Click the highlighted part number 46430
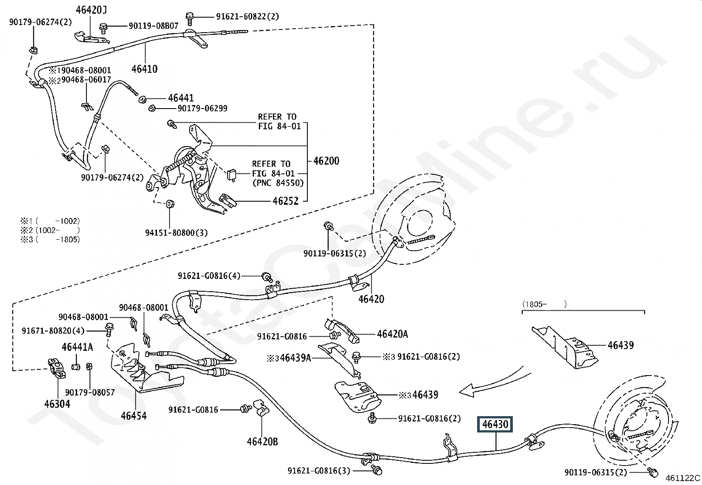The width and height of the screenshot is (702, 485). coord(495,424)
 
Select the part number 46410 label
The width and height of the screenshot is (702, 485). coord(145,69)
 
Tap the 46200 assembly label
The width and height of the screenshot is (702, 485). coord(326,161)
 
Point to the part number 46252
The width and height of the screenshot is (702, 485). coord(285,201)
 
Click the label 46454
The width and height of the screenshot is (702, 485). coord(134,416)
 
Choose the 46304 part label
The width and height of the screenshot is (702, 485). coord(57,404)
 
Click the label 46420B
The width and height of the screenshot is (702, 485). coord(262,442)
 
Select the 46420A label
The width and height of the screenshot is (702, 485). coord(392,334)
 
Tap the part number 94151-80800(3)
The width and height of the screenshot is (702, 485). coord(176,233)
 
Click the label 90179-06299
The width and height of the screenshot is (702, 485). coord(202,108)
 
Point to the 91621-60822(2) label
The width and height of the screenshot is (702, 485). coord(247,16)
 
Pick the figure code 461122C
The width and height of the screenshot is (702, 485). coord(683,478)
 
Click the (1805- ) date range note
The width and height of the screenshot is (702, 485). coord(545,304)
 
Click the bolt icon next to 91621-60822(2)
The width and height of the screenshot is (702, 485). coord(190,19)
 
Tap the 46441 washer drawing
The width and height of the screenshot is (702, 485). coord(142,99)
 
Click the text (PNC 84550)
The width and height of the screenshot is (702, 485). coord(278,183)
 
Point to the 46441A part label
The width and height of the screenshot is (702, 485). coord(78,347)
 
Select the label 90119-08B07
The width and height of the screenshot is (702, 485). coord(153,26)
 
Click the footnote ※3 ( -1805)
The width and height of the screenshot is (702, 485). coord(50,240)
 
